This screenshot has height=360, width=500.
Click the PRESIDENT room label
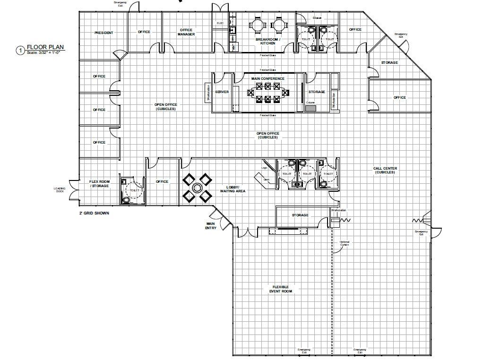click(x=103, y=33)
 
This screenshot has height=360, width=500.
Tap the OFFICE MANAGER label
click(x=186, y=32)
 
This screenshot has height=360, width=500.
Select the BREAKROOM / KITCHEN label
click(x=268, y=42)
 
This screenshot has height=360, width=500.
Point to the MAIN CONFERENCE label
click(x=268, y=78)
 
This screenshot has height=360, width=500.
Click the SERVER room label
click(x=222, y=92)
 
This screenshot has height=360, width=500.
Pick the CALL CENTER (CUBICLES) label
click(x=385, y=170)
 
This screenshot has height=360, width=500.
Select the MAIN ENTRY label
click(x=210, y=226)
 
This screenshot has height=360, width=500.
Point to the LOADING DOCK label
click(x=60, y=189)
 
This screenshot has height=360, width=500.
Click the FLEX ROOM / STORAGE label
click(x=99, y=184)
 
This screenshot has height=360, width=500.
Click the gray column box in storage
click(x=310, y=108)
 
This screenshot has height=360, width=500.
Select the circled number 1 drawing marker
click(x=20, y=50)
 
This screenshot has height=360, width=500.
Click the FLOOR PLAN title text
click(x=45, y=47)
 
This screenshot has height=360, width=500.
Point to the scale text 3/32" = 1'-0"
click(x=46, y=52)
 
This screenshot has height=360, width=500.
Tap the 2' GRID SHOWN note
click(x=94, y=213)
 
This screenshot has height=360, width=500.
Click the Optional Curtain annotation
click(x=345, y=243)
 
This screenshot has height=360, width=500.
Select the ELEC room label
click(x=220, y=23)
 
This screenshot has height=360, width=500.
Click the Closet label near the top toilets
click(x=317, y=18)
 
